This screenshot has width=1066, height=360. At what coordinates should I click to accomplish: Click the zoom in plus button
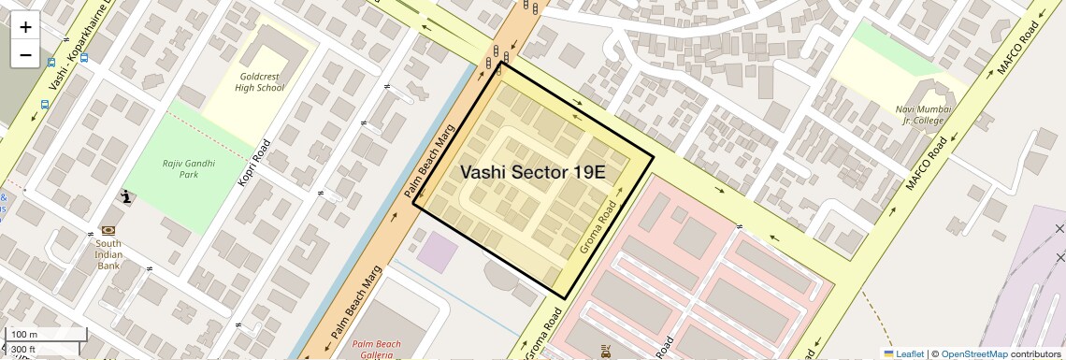click(25, 27)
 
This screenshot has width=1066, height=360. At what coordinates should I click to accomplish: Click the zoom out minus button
click(25, 54)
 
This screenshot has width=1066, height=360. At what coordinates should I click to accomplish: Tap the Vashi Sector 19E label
click(533, 172)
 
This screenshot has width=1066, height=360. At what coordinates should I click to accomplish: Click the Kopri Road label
click(253, 163)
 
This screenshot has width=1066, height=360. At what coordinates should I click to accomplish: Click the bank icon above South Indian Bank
click(108, 230)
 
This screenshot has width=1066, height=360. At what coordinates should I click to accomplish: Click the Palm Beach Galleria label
click(379, 349)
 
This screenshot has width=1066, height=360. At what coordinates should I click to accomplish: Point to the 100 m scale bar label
click(24, 335)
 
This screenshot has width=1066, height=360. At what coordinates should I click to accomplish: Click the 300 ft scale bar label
click(23, 350)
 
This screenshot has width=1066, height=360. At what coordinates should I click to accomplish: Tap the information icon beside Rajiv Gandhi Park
click(126, 196)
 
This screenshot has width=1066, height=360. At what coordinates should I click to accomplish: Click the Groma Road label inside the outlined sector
click(599, 227)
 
